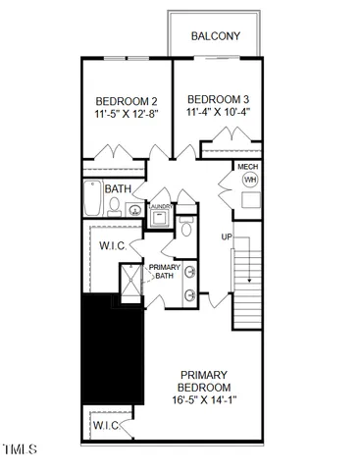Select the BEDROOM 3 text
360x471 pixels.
[219, 99]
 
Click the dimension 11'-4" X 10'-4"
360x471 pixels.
[219, 113]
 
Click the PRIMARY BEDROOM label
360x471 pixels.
[204, 382]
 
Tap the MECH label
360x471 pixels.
[248, 168]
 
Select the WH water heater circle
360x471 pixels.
[249, 181]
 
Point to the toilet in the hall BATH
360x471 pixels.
[115, 206]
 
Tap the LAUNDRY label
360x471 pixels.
[161, 207]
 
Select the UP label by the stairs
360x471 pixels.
[228, 238]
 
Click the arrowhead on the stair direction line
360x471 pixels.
[249, 281]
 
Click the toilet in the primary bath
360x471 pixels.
[187, 230]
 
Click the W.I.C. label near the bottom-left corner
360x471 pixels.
[105, 426]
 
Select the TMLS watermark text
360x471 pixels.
[20, 450]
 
